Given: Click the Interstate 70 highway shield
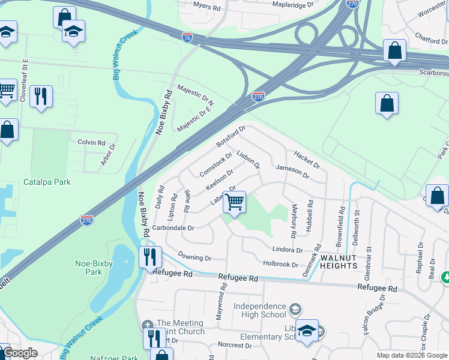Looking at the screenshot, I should coord(187,37).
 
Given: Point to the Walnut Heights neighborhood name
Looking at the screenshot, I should coord(339,261).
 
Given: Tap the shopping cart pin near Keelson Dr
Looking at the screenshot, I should coord(234,202).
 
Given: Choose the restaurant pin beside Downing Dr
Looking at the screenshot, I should coord(150,257).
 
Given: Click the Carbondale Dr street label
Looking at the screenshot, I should coord(174,228).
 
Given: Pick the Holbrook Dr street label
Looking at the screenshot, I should coord(280,263).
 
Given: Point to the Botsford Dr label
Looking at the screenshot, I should coord(232,136).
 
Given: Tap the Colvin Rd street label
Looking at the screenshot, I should coord(91,143).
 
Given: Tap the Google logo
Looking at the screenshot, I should coord(19,353).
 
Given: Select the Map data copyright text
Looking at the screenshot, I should coord(412,355).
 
